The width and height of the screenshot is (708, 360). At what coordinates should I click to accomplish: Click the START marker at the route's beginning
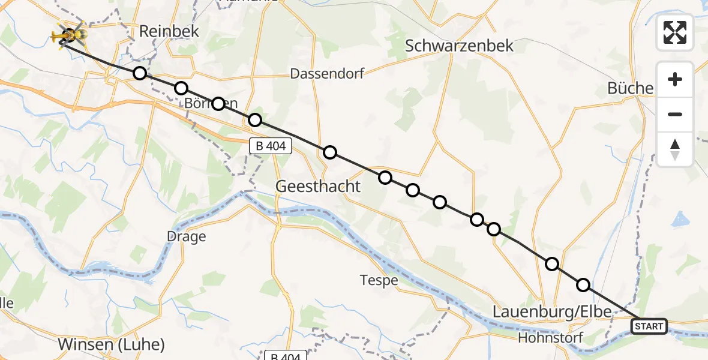[649, 326]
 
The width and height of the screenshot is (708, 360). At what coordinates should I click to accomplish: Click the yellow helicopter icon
[69, 37]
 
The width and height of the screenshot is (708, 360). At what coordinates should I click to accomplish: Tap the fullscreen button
[675, 32]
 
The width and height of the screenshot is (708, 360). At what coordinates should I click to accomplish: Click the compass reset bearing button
[675, 149]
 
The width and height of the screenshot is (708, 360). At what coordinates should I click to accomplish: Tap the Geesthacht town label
[318, 187]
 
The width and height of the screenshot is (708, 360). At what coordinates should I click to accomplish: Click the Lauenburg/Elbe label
[551, 311]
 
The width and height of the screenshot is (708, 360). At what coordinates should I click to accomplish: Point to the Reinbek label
[160, 32]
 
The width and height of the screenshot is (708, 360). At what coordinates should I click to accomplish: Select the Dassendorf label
[327, 74]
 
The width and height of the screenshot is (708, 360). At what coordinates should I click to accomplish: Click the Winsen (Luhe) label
[112, 345]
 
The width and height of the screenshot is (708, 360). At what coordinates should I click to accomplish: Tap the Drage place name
[187, 236]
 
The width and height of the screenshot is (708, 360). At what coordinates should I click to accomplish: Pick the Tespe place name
[379, 280]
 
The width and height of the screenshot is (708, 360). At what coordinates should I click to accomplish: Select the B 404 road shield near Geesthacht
[271, 145]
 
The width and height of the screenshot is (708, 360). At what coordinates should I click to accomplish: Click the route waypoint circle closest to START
[583, 285]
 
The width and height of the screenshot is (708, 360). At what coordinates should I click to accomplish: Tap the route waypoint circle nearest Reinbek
[140, 73]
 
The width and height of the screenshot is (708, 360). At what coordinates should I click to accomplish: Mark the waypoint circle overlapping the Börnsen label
[218, 103]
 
